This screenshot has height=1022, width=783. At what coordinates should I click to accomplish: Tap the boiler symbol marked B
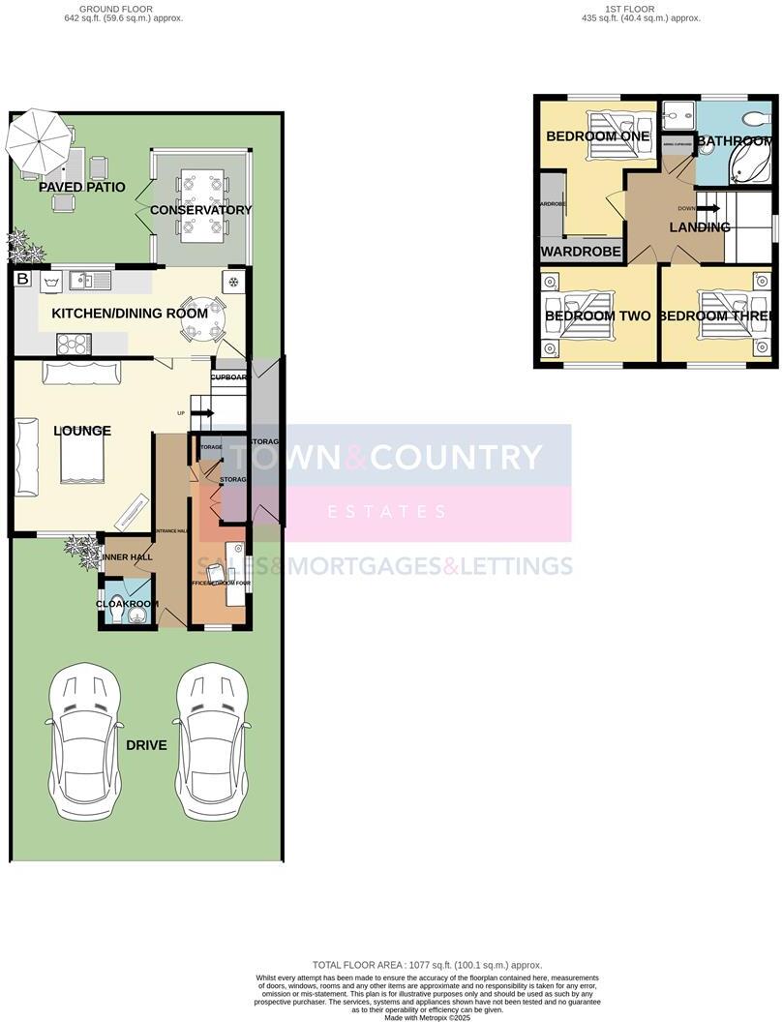pos(22,280)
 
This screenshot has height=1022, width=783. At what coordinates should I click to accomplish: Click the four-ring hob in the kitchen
pos(75,343)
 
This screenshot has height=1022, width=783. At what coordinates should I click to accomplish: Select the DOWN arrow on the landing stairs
pos(707,208)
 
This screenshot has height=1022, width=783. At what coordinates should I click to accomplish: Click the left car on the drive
pos(84,741)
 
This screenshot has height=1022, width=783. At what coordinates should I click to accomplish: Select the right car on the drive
pos(212,741)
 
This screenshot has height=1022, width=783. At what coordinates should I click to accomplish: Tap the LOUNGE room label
pos(82,431)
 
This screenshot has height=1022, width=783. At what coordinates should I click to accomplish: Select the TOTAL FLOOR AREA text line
pos(427,965)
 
